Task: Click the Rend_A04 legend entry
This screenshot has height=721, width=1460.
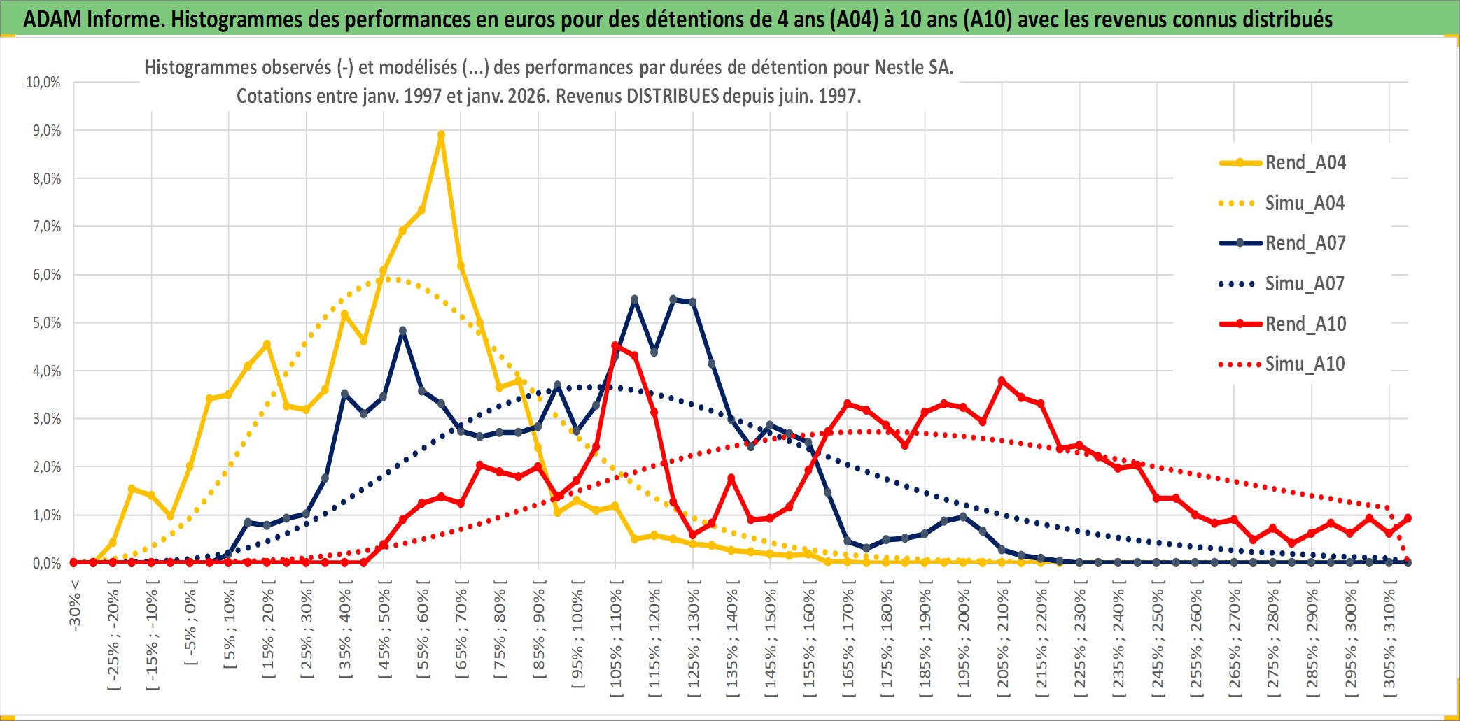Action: tap(1305, 163)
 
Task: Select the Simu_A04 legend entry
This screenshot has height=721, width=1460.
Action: tap(1305, 204)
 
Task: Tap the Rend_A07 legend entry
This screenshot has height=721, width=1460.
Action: tap(1305, 243)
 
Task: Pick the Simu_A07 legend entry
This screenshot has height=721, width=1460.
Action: tap(1305, 284)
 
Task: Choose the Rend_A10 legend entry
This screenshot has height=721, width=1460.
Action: tap(1305, 324)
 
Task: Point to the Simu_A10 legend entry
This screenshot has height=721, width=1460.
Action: tap(1305, 364)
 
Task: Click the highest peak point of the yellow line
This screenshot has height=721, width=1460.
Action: tap(441, 135)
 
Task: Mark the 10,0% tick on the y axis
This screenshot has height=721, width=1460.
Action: tap(43, 83)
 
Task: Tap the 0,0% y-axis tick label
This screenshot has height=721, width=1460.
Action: tap(46, 563)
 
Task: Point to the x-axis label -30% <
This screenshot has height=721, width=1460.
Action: tap(75, 606)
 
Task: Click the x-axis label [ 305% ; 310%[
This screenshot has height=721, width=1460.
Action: tap(1389, 642)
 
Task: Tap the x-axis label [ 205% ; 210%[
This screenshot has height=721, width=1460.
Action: tap(1002, 642)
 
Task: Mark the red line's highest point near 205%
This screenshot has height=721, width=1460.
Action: tap(1002, 380)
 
